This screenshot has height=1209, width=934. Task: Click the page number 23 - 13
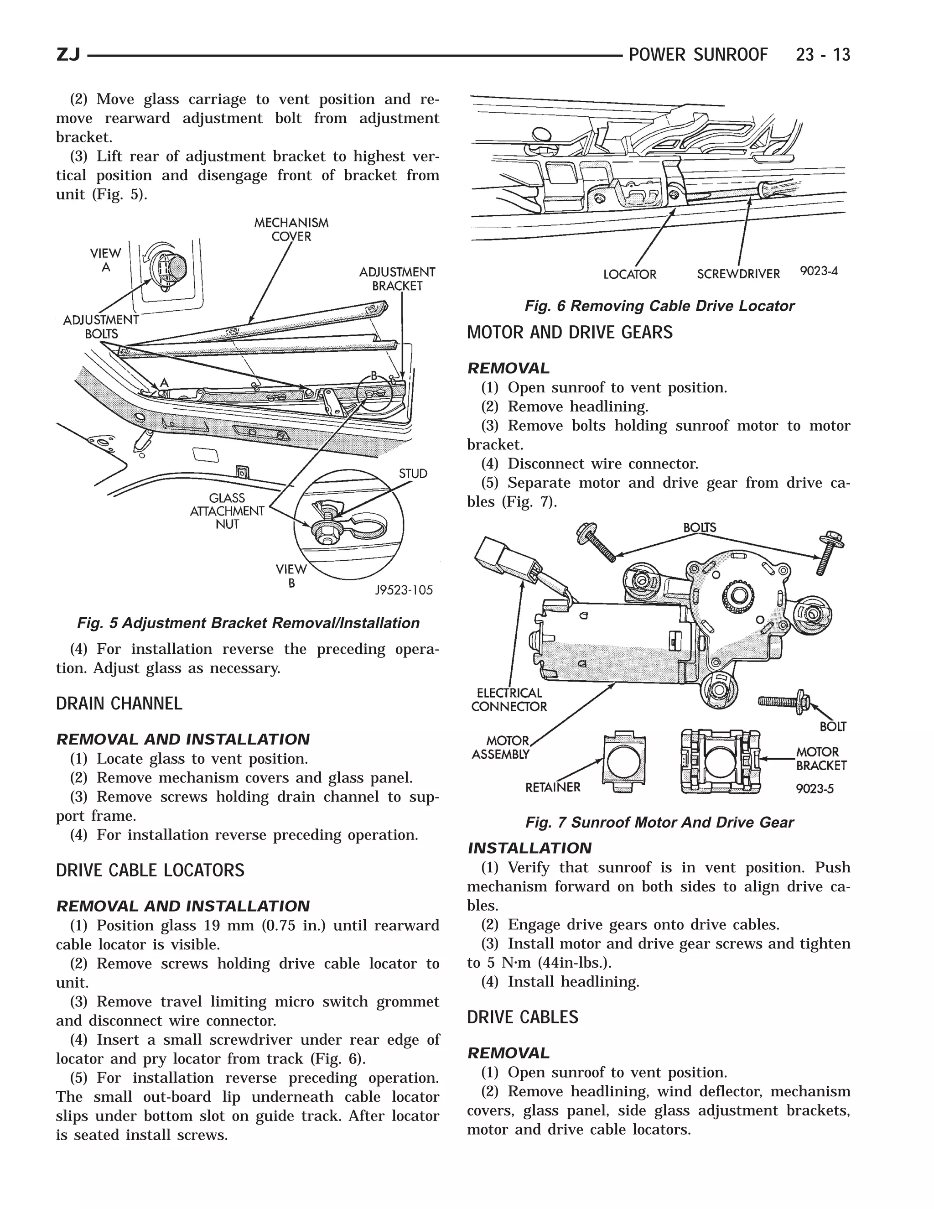(822, 55)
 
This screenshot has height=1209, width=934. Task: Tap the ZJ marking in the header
(68, 55)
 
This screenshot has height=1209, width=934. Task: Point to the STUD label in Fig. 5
(413, 474)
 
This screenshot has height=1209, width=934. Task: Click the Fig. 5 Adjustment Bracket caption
(248, 623)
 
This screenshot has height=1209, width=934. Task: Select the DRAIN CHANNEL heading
(119, 704)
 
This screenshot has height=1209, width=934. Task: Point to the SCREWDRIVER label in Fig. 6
(738, 274)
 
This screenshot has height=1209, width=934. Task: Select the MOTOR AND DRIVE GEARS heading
(569, 333)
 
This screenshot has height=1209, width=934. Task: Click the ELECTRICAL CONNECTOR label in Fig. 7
(509, 700)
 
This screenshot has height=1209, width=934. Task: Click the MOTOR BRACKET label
(821, 758)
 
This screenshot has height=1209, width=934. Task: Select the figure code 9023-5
(815, 789)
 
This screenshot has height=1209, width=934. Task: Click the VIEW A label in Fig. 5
(105, 260)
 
